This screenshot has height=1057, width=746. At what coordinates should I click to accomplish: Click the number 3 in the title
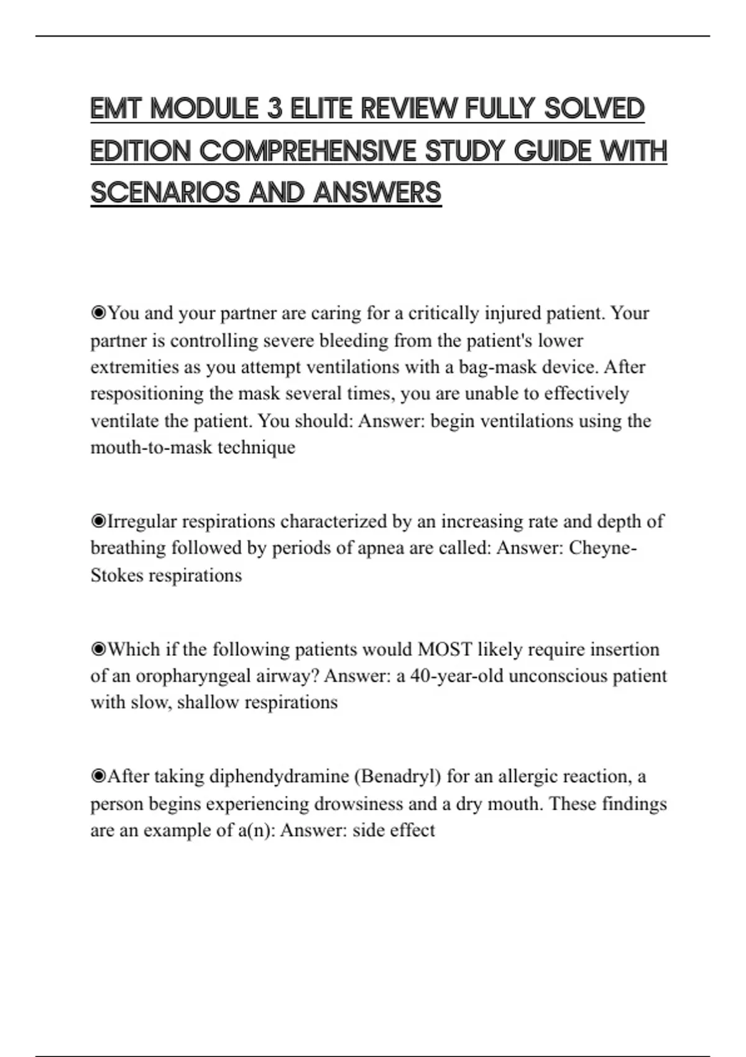pos(275,109)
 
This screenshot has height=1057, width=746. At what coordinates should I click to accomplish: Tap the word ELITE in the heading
pos(321,109)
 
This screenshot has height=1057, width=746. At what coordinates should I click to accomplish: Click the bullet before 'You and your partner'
pos(98,313)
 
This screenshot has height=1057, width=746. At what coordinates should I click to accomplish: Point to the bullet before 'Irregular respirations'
pos(98,521)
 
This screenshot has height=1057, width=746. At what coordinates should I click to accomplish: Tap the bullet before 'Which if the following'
pos(98,649)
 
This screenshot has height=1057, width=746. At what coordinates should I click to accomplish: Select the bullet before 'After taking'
pos(98,777)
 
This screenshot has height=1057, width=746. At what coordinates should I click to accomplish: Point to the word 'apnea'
pos(383,548)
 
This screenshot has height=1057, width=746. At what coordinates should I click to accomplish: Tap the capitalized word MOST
pos(445,649)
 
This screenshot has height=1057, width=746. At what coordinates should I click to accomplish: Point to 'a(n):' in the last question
pos(256,831)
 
